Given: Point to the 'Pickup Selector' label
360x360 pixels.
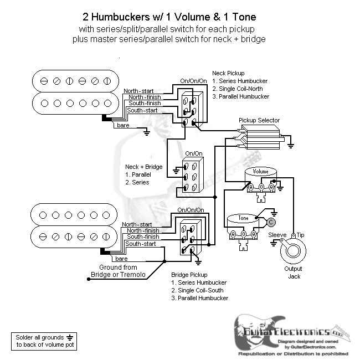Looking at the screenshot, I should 259,120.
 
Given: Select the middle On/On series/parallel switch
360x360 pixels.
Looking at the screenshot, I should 192,176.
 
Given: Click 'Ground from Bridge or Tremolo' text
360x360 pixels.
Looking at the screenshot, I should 119,271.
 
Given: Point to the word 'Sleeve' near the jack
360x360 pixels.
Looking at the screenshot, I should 277,235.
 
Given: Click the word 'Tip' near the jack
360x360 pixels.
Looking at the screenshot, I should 301,235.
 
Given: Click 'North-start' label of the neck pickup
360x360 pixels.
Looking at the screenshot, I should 139,91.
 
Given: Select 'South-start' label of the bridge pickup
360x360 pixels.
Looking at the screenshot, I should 141,244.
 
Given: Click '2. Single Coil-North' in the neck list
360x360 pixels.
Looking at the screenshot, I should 240,89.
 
